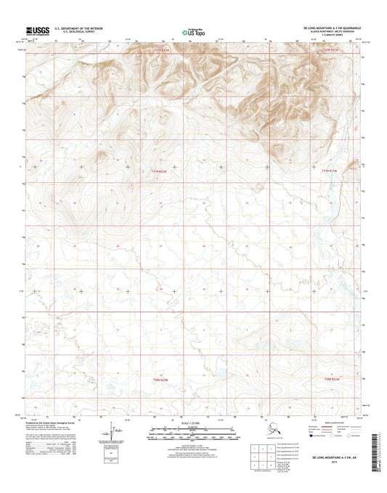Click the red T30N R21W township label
coord(330,171)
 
